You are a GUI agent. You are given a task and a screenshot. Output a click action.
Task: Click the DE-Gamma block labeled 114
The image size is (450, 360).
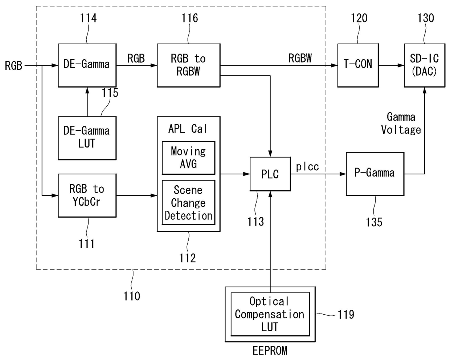[x=87, y=65]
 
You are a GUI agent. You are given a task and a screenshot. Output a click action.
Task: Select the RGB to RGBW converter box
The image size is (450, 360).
[x=188, y=65]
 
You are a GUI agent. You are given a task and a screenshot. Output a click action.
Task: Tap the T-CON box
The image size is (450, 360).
[x=358, y=65]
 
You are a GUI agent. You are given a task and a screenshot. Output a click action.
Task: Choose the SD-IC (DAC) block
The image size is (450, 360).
[x=424, y=65]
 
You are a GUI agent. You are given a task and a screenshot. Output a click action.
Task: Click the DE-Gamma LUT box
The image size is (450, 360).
[x=87, y=138]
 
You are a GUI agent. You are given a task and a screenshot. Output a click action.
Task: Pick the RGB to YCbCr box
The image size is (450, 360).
[x=87, y=195]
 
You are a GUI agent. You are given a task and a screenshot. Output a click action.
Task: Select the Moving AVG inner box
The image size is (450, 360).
[x=188, y=158]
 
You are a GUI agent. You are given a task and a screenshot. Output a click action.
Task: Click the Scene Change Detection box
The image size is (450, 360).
[x=188, y=203]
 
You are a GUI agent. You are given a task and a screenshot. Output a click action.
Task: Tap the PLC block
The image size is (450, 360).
[x=270, y=174]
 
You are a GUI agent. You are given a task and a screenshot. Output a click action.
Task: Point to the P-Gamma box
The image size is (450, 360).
[x=375, y=174]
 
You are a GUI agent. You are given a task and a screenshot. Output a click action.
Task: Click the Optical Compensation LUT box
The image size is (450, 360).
[x=270, y=314]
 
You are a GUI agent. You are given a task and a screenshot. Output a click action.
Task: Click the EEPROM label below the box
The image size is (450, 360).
[x=270, y=351]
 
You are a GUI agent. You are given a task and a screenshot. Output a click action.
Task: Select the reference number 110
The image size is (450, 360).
[x=132, y=296]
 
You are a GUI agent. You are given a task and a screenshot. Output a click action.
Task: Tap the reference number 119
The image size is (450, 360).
[x=346, y=314]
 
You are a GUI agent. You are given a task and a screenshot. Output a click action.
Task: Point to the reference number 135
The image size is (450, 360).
[x=374, y=222]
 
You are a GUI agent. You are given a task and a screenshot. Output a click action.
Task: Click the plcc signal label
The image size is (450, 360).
[x=307, y=167]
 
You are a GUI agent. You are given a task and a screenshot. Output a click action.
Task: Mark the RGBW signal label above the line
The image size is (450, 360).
[x=300, y=58]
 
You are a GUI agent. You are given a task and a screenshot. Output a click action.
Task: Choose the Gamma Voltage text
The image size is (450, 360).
[x=401, y=123]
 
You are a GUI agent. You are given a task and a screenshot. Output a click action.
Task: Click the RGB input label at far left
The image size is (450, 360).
[x=13, y=65]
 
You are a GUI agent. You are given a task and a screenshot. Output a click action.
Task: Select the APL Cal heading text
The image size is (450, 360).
[x=188, y=129]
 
